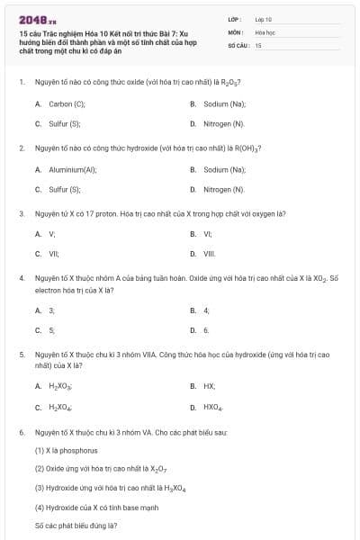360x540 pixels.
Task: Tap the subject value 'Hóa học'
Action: click(x=264, y=31)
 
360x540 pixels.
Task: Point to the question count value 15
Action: click(x=258, y=44)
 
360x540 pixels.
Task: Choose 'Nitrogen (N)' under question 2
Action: click(x=224, y=190)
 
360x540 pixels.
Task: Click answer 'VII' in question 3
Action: click(x=54, y=254)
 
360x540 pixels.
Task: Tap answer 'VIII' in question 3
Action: click(x=210, y=254)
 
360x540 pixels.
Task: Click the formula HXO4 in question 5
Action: click(x=213, y=407)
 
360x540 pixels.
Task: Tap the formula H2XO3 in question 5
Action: click(x=60, y=386)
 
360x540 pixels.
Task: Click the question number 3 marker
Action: click(x=22, y=213)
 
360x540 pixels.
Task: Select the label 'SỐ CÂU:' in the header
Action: click(x=238, y=44)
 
